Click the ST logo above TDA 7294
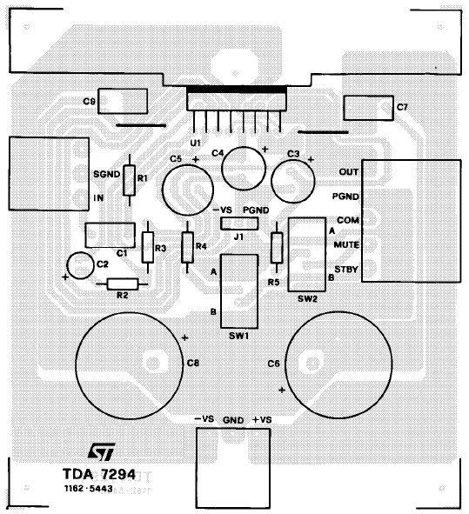coord(101,451)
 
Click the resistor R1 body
coord(130,181)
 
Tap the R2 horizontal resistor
coord(123,284)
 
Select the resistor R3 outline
coord(148,248)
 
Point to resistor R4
coord(187,248)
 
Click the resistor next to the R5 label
coord(277,248)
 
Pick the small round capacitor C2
coord(80,265)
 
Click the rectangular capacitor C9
coord(123,101)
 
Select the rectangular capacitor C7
coord(368,108)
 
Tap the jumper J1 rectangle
coord(239,224)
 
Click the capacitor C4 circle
coord(244,168)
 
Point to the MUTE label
coord(346,245)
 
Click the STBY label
coord(346,270)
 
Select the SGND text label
coord(106,174)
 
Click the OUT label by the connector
coord(349,172)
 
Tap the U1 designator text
coord(195,144)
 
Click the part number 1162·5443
coord(89,489)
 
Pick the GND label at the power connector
coord(233,420)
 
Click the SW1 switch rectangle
coord(239,291)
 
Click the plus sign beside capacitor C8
coord(185,337)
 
